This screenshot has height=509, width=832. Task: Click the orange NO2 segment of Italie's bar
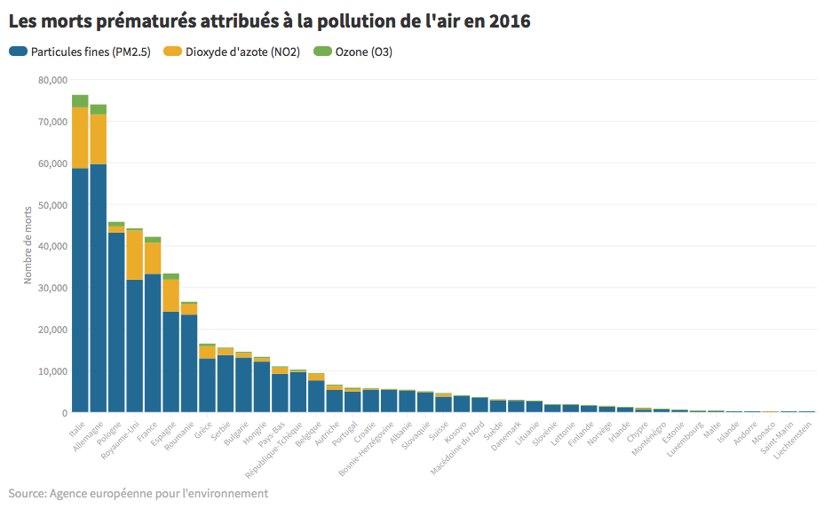[80, 137]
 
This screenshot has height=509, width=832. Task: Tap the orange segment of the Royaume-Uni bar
[134, 255]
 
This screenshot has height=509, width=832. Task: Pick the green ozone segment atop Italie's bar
[80, 100]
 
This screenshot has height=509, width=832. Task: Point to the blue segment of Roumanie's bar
[189, 363]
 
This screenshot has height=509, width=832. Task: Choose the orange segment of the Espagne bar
[170, 296]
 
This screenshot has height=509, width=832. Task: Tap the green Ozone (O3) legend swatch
[323, 52]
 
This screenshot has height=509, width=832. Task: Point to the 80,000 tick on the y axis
[52, 80]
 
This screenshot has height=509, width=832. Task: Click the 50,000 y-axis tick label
[52, 205]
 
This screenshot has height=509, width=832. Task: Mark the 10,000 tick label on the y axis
[52, 371]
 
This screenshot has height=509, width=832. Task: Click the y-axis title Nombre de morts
[28, 246]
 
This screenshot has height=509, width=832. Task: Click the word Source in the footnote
[28, 492]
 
